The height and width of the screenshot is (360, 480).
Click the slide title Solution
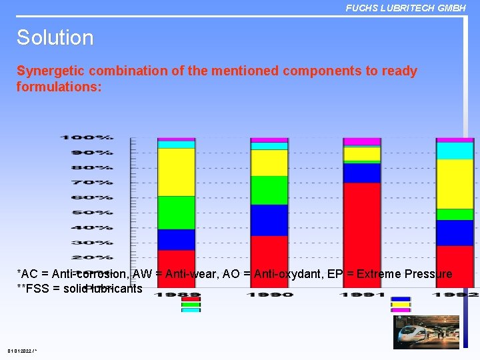[55, 37]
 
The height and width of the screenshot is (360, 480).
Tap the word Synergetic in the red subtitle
[49, 71]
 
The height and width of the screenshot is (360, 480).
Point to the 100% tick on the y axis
[87, 137]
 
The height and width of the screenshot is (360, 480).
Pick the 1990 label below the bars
[269, 294]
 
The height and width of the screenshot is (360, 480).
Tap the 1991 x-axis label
[361, 294]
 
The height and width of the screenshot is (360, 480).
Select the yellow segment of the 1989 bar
[176, 172]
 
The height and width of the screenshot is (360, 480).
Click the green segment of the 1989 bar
[176, 213]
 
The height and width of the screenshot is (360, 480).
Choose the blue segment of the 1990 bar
[269, 220]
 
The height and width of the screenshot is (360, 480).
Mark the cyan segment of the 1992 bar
[454, 151]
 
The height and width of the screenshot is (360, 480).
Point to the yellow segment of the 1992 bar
[454, 183]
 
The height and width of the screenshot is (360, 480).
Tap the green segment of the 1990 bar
[269, 190]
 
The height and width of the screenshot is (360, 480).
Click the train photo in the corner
[426, 332]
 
